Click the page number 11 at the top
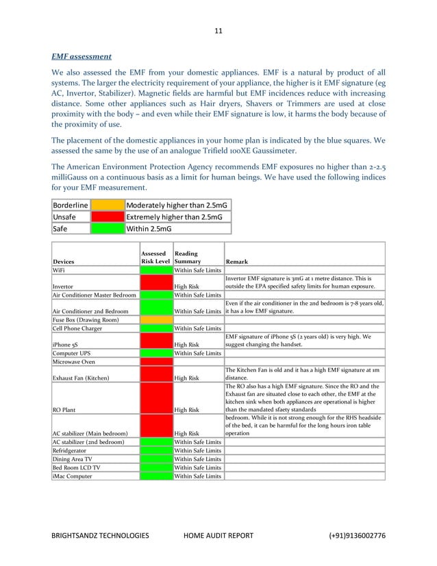coord(218,30)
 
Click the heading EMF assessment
coord(83,56)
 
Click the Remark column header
coord(238,262)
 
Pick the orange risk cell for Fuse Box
coord(155,319)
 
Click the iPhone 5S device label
coord(66,345)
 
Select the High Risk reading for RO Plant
coord(187,410)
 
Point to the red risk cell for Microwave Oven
coord(155,361)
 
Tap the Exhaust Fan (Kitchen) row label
coord(85,377)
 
